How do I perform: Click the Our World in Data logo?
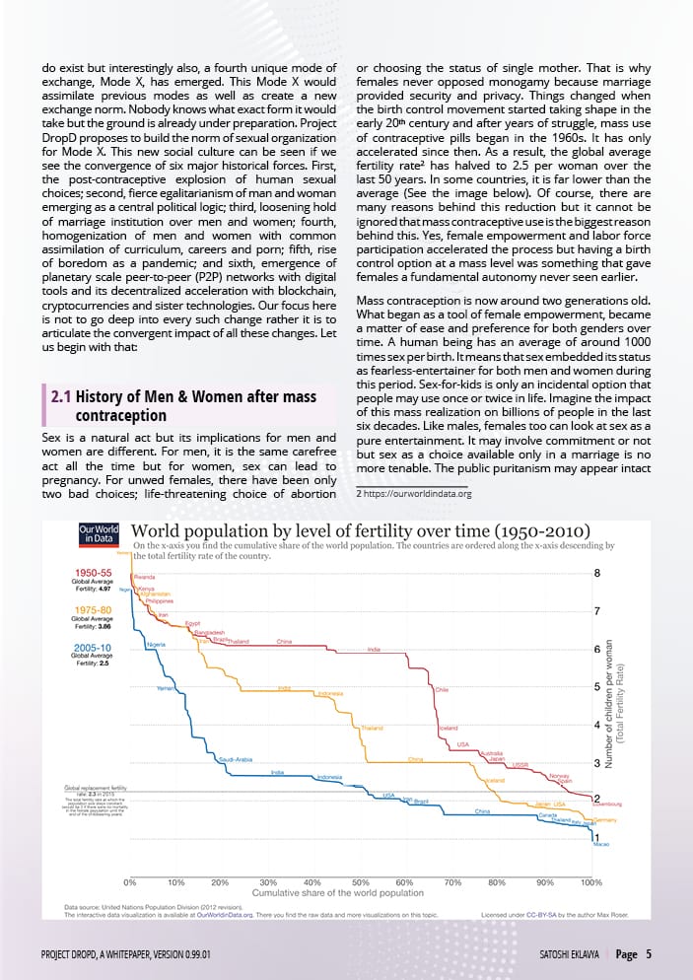pyautogui.click(x=99, y=534)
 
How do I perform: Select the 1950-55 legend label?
pyautogui.click(x=98, y=572)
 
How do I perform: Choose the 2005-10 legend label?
pyautogui.click(x=98, y=648)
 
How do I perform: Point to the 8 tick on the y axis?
pyautogui.click(x=596, y=573)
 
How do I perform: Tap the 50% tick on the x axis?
pyautogui.click(x=360, y=881)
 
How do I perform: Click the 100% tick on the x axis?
pyautogui.click(x=591, y=881)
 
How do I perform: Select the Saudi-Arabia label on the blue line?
pyautogui.click(x=237, y=759)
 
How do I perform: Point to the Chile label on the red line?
pyautogui.click(x=443, y=690)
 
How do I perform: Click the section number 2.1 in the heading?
pyautogui.click(x=61, y=397)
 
